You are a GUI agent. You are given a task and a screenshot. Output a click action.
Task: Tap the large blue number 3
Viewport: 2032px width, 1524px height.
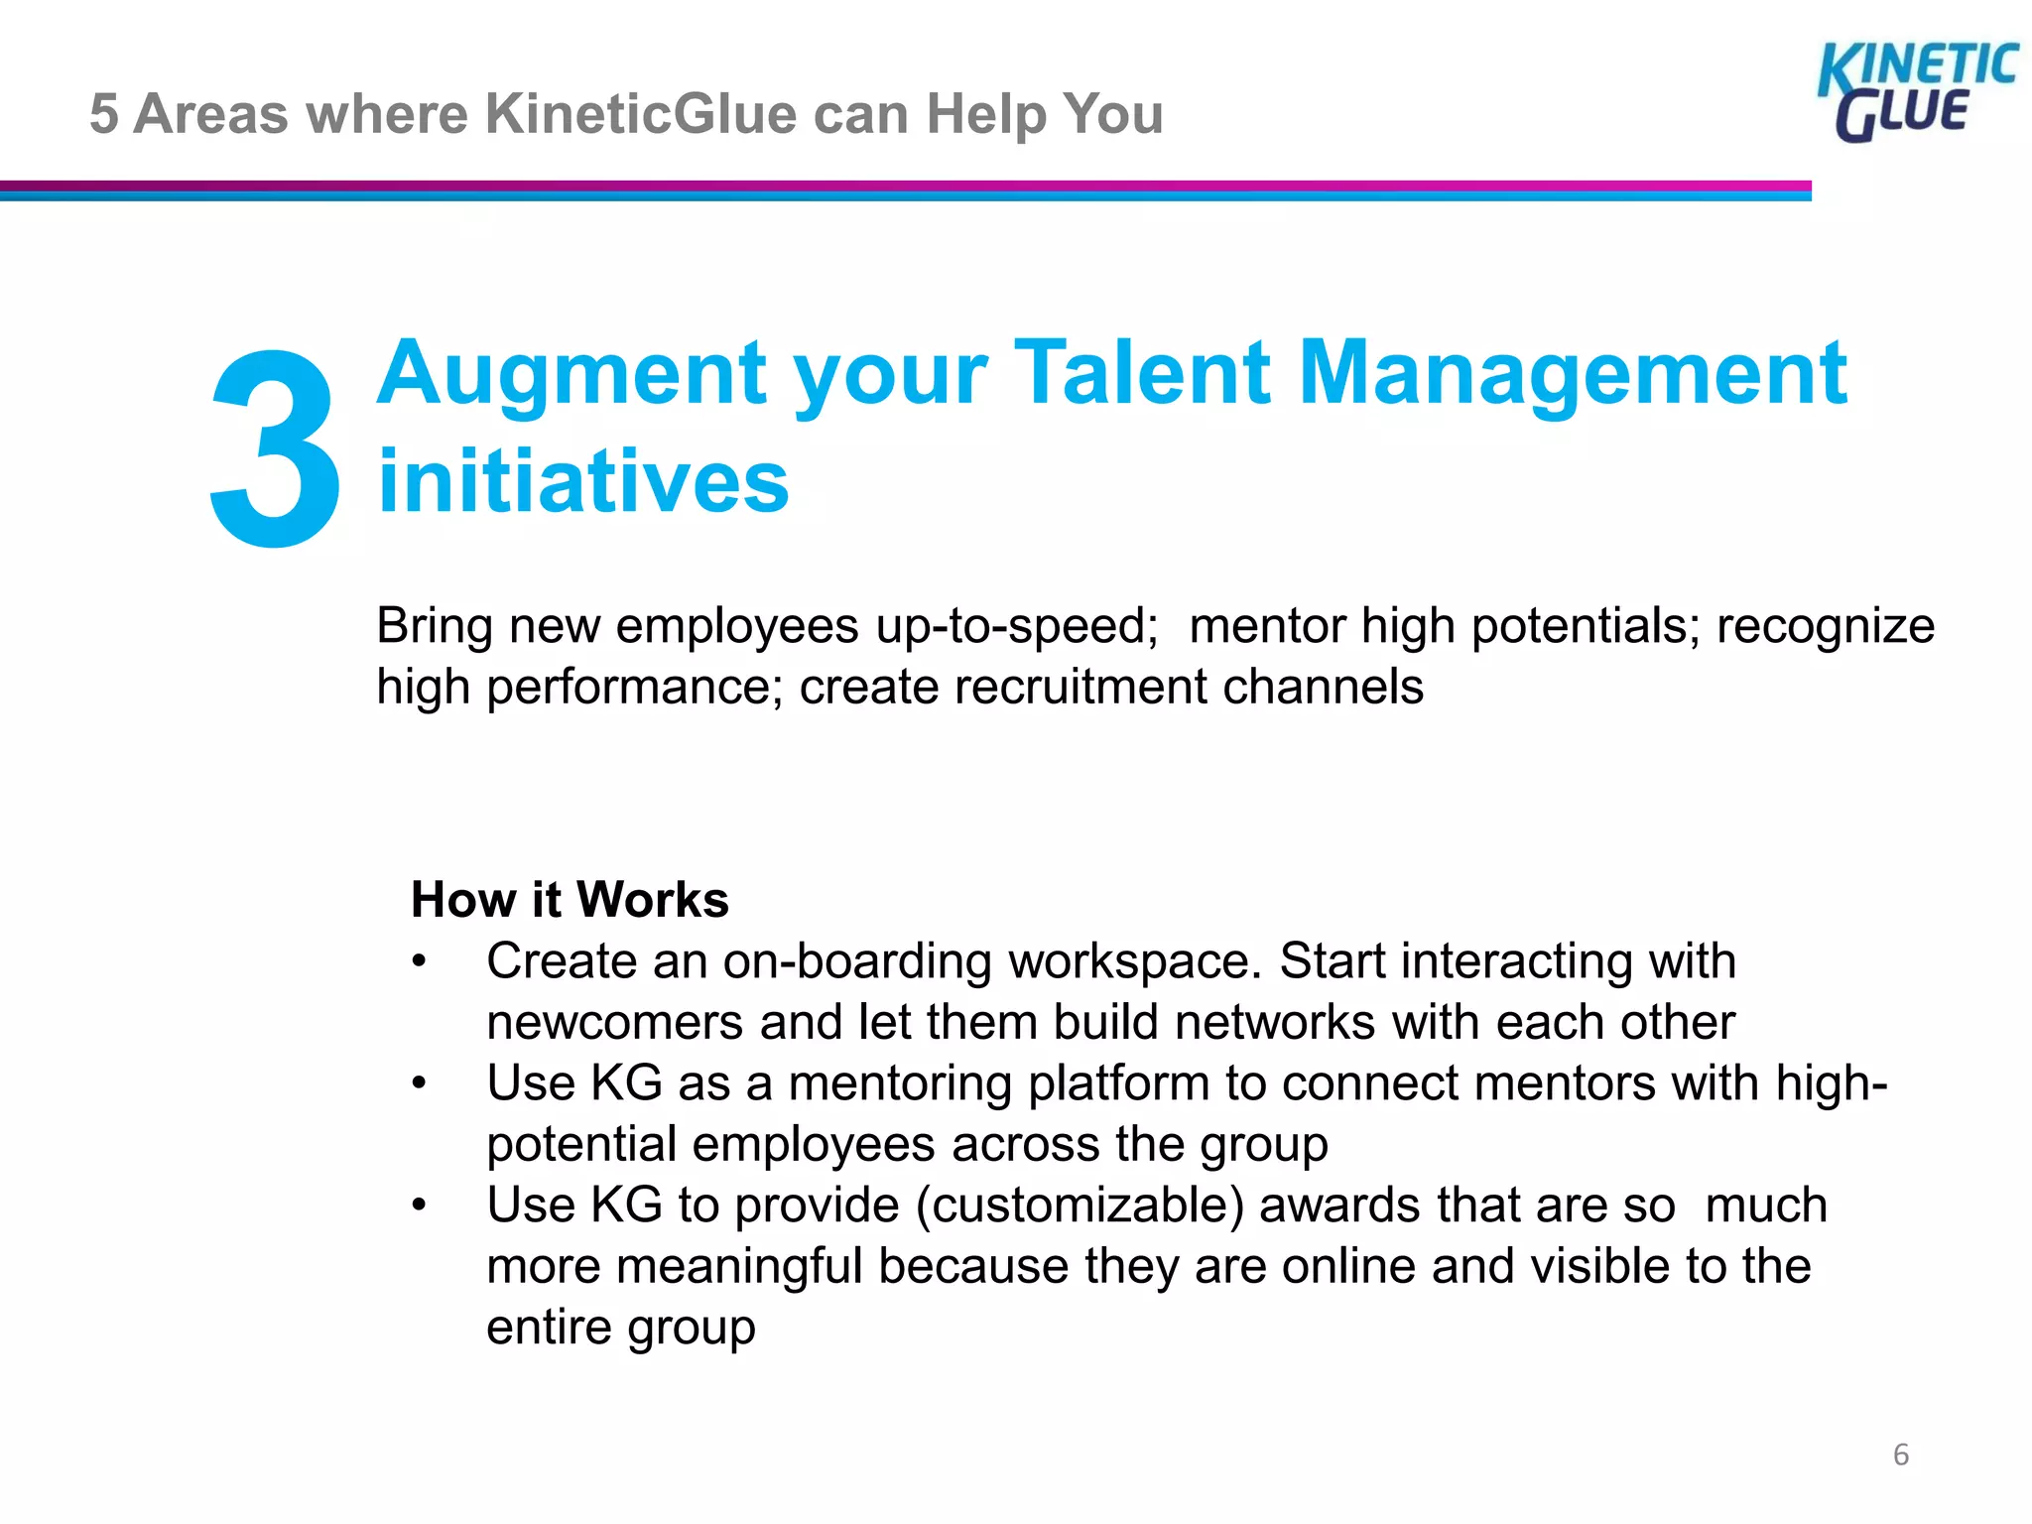click(x=275, y=448)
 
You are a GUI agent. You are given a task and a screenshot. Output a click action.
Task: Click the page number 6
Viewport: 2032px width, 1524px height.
click(x=1900, y=1455)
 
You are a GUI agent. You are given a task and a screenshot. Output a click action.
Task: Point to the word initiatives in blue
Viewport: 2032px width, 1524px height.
click(x=583, y=481)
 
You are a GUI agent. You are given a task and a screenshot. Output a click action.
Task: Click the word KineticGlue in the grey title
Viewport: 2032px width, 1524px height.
click(x=641, y=113)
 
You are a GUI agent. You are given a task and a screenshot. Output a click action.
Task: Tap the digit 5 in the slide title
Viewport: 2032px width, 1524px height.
click(x=103, y=113)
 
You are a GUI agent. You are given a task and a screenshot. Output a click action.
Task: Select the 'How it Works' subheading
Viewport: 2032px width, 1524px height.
click(x=570, y=899)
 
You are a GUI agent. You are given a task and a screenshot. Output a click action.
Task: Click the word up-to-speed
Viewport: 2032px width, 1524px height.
click(x=1016, y=626)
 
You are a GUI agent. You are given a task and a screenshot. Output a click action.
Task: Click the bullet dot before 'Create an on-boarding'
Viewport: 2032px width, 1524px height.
click(x=420, y=961)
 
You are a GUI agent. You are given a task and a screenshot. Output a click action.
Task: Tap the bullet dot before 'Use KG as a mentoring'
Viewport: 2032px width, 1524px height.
click(x=420, y=1083)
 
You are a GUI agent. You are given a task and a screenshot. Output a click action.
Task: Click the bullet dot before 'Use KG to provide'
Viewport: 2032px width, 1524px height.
click(x=420, y=1206)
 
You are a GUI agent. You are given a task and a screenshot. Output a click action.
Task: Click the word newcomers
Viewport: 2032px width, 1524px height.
click(x=614, y=1022)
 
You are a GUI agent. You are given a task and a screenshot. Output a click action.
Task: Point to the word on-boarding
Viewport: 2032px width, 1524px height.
click(x=857, y=961)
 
